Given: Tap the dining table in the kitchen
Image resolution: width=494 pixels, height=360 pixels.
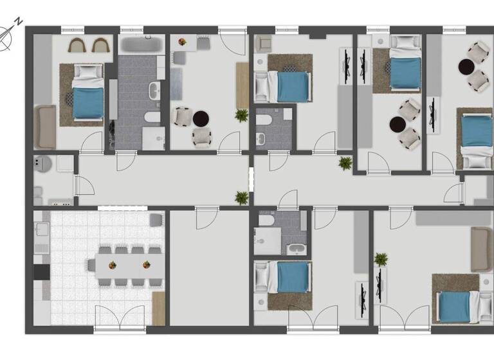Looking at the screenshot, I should click(126, 264).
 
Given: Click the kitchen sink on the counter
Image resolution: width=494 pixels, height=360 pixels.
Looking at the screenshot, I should click(42, 230).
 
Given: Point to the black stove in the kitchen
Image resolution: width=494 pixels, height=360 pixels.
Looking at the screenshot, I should click(41, 271).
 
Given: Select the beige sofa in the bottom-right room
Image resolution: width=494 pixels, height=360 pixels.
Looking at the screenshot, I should click(481, 249).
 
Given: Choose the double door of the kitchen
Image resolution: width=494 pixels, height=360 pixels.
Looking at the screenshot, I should click(120, 318).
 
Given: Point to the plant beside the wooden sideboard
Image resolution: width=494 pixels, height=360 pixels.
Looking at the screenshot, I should click(241, 115).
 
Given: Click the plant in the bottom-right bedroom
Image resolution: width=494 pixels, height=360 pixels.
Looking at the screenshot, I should click(381, 260).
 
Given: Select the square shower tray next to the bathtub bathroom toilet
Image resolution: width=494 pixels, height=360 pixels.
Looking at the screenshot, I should click(153, 138).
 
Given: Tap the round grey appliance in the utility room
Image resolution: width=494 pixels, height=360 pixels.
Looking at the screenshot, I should click(43, 165).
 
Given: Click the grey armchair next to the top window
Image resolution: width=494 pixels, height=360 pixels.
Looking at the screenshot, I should click(264, 44).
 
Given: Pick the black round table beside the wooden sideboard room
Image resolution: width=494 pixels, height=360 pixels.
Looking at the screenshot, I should click(201, 118).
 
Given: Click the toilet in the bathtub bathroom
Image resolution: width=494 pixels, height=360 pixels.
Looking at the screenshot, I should click(152, 117).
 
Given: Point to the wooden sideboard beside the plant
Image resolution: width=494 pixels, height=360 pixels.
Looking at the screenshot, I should click(242, 85).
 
